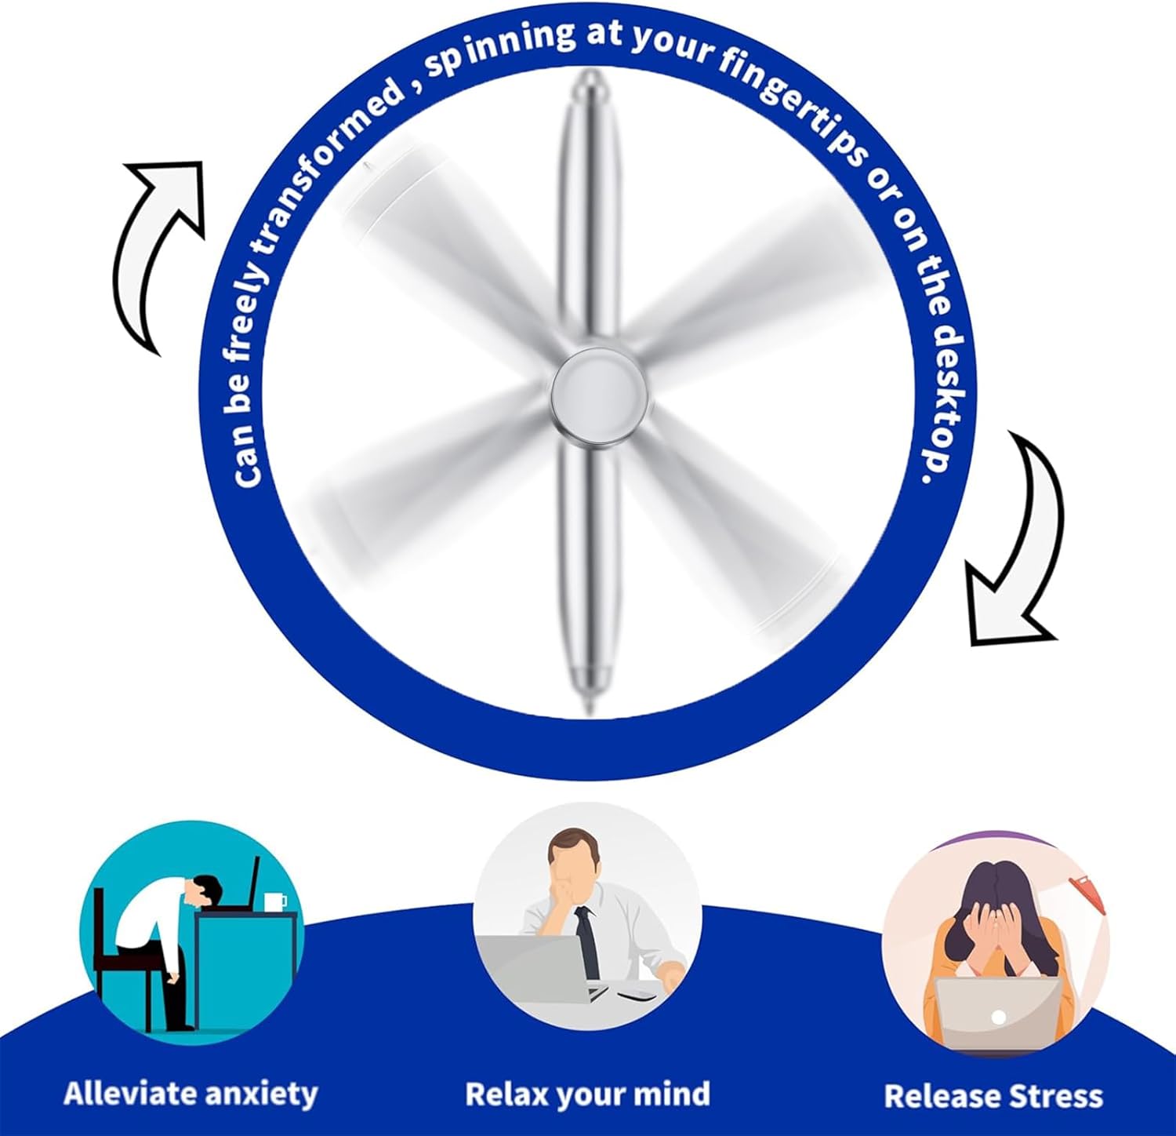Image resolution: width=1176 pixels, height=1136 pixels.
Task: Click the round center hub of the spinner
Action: pos(601,390)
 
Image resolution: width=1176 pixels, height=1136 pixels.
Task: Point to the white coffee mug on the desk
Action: pos(274,901)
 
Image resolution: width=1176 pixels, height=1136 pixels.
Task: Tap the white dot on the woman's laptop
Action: pos(998,1017)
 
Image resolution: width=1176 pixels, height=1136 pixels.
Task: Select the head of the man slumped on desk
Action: pos(205,890)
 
